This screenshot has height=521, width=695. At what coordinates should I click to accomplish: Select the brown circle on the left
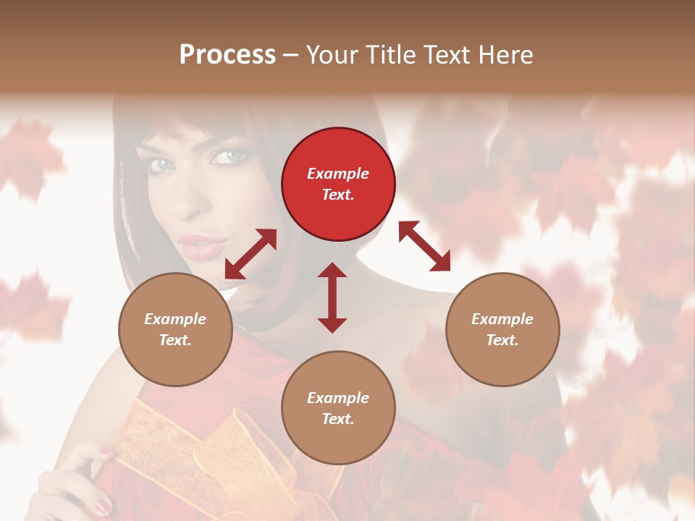(175, 329)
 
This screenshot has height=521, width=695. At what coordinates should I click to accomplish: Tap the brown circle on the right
(502, 329)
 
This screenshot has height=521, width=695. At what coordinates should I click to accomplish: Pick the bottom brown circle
(338, 407)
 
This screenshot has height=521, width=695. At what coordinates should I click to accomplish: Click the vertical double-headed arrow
(332, 297)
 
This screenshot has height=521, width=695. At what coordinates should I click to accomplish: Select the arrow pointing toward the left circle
(250, 254)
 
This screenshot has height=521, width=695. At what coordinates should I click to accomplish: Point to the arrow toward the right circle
(425, 246)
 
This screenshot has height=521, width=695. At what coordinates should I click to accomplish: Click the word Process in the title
(227, 54)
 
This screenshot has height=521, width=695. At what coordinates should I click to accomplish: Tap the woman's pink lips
(197, 246)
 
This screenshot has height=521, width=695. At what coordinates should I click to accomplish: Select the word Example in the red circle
(338, 174)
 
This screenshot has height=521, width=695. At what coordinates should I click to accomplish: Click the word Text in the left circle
(175, 340)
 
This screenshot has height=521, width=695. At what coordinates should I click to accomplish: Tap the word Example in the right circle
(502, 319)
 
